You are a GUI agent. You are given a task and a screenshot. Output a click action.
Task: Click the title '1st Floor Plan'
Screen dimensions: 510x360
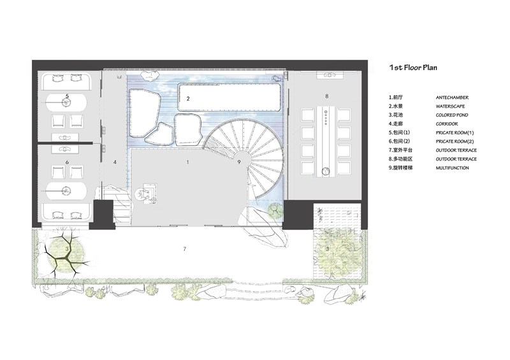click(413, 68)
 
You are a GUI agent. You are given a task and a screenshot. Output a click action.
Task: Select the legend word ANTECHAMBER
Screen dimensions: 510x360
click(452, 97)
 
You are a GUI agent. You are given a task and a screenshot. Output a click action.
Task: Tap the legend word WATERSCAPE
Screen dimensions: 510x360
click(450, 106)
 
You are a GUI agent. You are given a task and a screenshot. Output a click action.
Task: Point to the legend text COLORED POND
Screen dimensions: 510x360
click(452, 115)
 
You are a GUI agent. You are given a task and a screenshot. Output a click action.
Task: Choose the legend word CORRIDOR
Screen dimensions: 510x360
click(447, 124)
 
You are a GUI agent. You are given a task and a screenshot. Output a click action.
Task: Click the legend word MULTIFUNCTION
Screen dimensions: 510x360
click(452, 168)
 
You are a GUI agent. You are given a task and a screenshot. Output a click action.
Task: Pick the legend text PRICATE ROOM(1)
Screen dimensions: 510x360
click(455, 133)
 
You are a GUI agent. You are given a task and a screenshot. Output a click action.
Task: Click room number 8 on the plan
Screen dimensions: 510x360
click(326, 96)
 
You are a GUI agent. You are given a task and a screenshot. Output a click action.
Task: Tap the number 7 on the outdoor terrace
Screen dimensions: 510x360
click(185, 248)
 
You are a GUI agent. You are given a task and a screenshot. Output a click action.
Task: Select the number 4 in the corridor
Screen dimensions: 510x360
click(115, 162)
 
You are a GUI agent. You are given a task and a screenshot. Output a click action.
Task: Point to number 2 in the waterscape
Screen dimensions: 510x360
click(188, 99)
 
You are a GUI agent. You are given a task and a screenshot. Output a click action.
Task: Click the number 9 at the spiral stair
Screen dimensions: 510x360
click(239, 162)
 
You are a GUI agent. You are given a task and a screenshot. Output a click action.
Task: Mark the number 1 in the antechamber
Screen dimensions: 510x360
click(187, 162)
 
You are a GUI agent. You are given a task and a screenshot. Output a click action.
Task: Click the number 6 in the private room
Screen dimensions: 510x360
click(67, 162)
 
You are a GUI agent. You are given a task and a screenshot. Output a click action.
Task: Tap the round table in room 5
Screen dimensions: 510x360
click(66, 103)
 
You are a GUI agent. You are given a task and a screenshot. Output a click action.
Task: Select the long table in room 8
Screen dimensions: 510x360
click(326, 141)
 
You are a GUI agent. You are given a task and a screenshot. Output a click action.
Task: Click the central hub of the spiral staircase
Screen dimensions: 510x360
click(242, 159)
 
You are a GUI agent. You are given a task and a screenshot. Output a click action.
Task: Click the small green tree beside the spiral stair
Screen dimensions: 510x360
click(275, 210)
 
